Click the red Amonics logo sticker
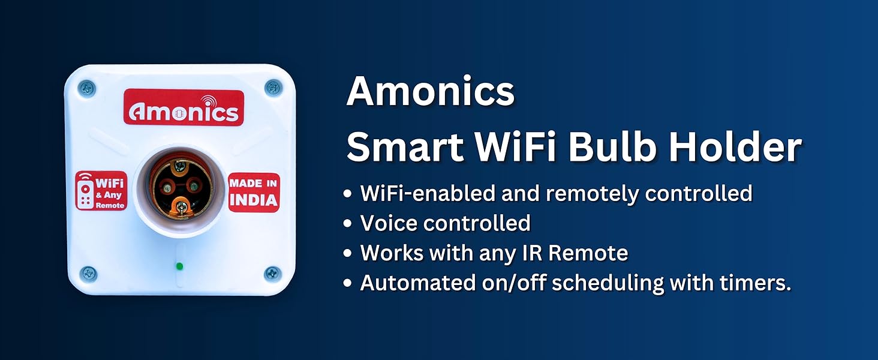[184, 108]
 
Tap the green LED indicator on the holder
[179, 266]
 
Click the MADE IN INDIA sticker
[254, 192]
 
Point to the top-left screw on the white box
[87, 89]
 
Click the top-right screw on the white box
[273, 87]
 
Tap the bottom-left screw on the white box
[88, 274]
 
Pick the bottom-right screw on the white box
[273, 274]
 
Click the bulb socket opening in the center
[180, 189]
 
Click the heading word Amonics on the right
[431, 92]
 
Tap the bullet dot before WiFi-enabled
[348, 194]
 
